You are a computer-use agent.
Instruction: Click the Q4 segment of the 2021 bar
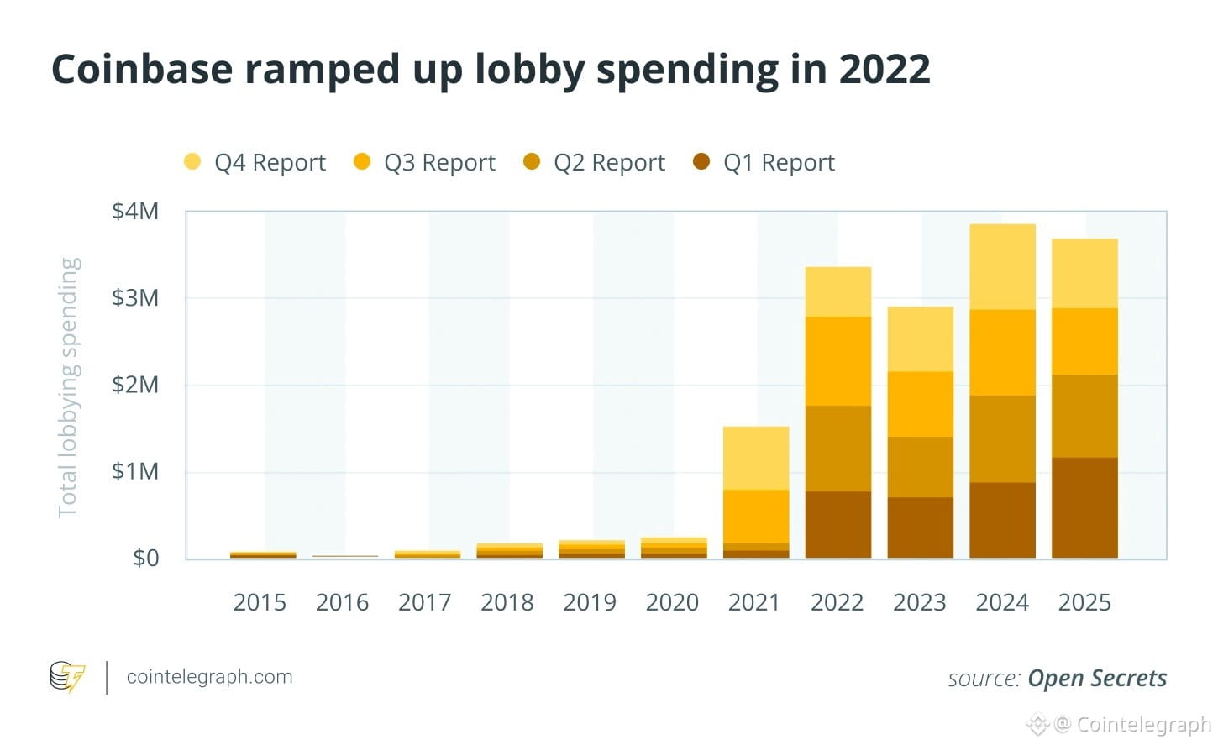pyautogui.click(x=756, y=458)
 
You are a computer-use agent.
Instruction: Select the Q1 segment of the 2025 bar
pyautogui.click(x=1084, y=507)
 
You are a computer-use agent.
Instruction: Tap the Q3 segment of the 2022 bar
pyautogui.click(x=837, y=361)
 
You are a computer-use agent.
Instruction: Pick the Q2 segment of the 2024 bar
pyautogui.click(x=1002, y=438)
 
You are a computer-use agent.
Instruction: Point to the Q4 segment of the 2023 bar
pyautogui.click(x=920, y=338)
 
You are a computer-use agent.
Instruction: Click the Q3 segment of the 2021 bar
pyautogui.click(x=756, y=517)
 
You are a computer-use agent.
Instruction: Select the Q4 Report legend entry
pyautogui.click(x=255, y=162)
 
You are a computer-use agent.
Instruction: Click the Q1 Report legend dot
pyautogui.click(x=701, y=161)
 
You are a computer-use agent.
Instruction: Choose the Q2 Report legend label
pyautogui.click(x=609, y=162)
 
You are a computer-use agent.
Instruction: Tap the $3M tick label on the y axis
pyautogui.click(x=135, y=297)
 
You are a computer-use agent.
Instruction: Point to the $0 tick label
pyautogui.click(x=145, y=559)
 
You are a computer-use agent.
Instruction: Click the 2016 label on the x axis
pyautogui.click(x=342, y=602)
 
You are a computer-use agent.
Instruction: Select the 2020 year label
pyautogui.click(x=672, y=602)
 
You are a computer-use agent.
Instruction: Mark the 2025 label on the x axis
pyautogui.click(x=1084, y=602)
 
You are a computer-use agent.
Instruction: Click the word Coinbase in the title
pyautogui.click(x=141, y=69)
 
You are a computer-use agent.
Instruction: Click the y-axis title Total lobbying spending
pyautogui.click(x=68, y=387)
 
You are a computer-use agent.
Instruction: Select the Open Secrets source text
pyautogui.click(x=1097, y=678)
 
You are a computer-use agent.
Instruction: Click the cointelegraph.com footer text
pyautogui.click(x=209, y=677)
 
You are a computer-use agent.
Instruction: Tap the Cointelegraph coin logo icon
pyautogui.click(x=67, y=677)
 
